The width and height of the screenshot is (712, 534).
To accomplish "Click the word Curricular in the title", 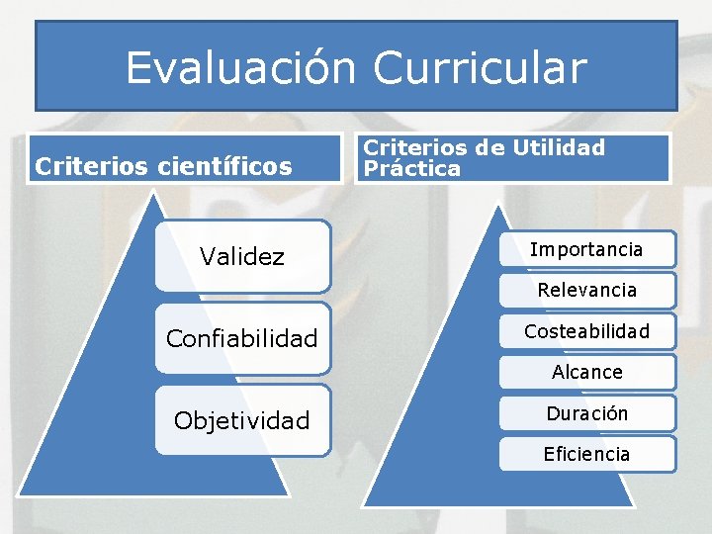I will coord(481,67).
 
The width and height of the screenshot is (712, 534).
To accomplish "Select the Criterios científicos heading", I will coord(164,165).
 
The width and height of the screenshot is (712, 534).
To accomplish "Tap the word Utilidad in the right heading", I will coord(558,148).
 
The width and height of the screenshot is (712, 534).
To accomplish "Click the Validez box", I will coord(242,256).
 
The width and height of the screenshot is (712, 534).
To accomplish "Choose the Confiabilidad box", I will coord(242,339).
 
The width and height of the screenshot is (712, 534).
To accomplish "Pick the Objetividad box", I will coord(242,420).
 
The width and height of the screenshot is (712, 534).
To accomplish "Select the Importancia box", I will coord(586,249).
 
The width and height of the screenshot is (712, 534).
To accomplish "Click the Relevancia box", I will coord(586,291).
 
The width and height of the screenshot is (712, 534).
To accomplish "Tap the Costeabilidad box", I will coord(586,331).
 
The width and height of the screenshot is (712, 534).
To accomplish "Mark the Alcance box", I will coord(586,373).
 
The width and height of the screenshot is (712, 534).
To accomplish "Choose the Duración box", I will coord(586,413).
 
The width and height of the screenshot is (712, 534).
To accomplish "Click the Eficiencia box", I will coord(586,455).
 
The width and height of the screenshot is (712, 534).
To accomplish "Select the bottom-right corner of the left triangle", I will coord(288,493).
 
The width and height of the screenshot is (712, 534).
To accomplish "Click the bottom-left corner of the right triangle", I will coord(364,505).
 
